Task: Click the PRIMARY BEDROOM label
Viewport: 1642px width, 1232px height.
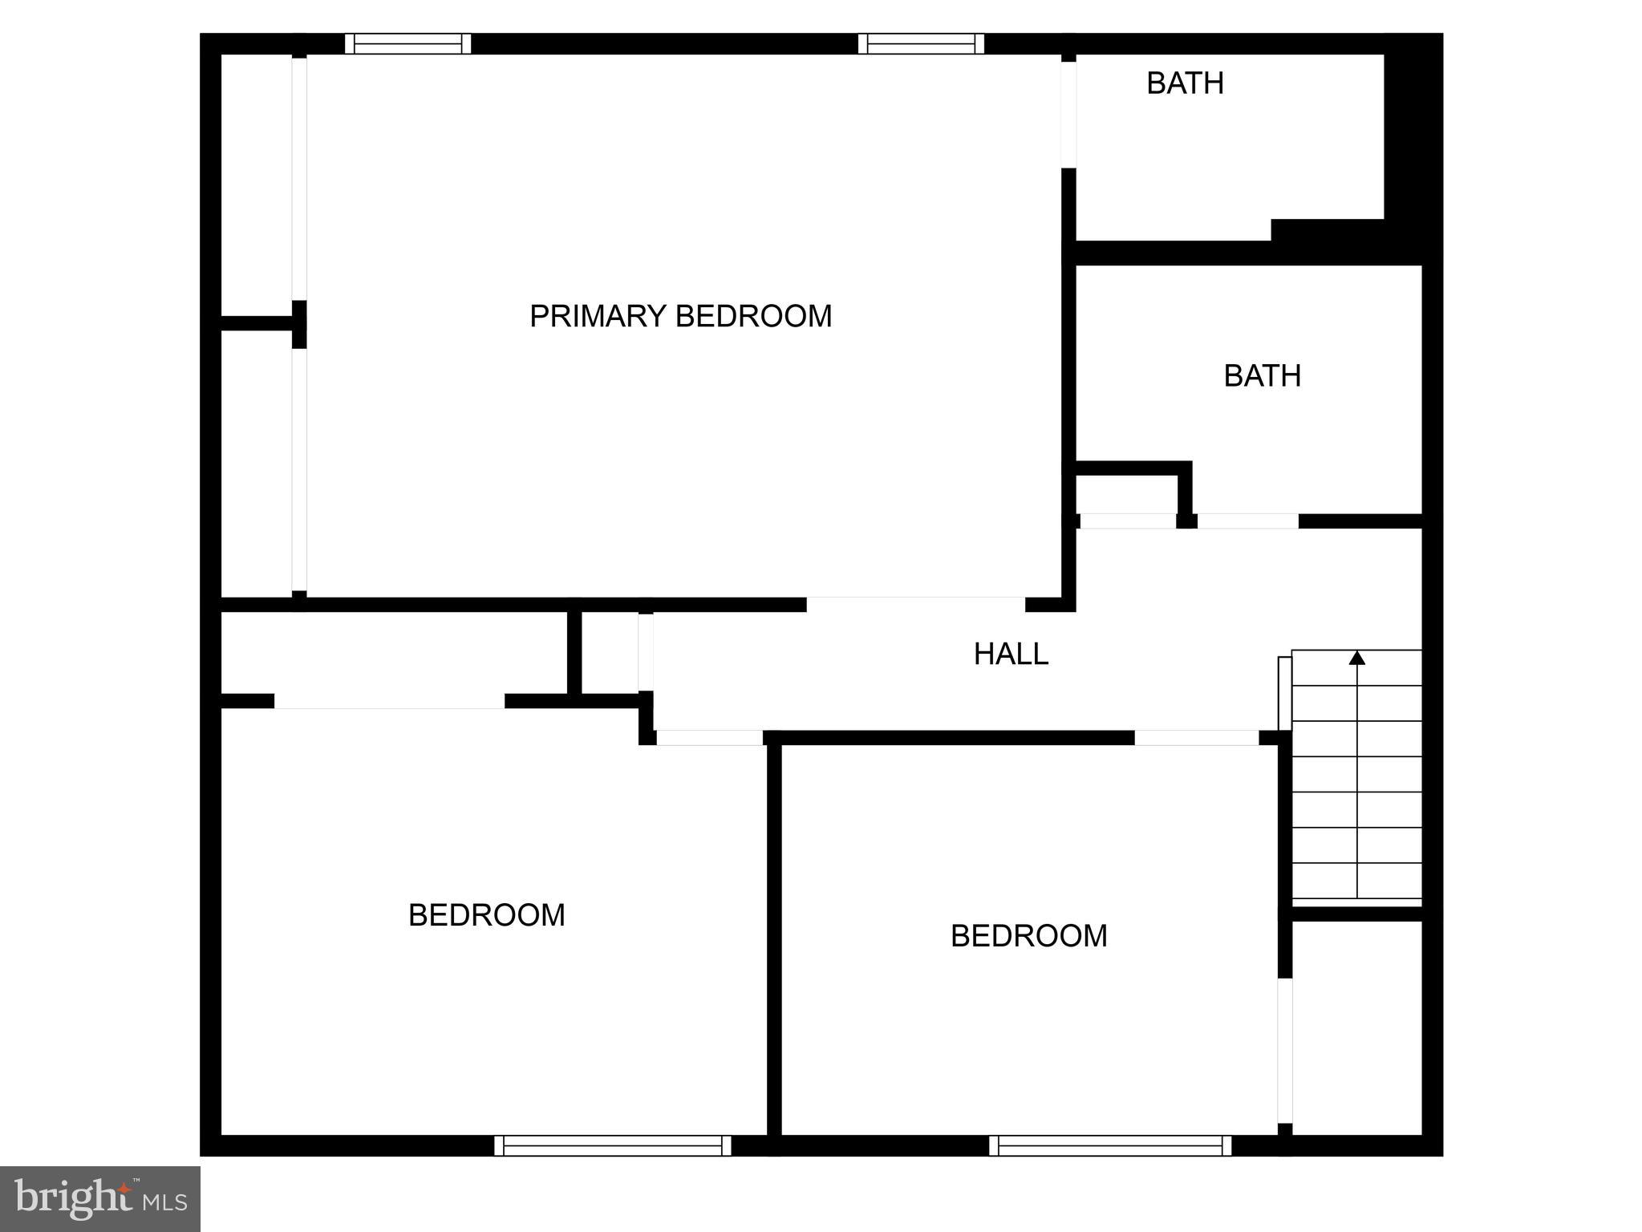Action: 680,316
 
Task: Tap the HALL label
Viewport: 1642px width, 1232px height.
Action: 1011,654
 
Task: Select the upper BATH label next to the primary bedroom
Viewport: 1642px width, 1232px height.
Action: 1185,83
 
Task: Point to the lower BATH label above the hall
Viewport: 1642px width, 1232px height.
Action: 1262,376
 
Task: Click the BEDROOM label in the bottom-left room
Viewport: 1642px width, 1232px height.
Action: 486,915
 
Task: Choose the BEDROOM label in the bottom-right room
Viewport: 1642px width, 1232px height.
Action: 1028,936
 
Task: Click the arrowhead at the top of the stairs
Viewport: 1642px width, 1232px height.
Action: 1356,659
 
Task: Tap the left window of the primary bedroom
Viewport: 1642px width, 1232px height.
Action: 407,43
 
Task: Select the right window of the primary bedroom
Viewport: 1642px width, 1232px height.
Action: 921,43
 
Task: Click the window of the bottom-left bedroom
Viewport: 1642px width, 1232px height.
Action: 613,1145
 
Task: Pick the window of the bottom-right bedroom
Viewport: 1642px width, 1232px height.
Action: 1109,1145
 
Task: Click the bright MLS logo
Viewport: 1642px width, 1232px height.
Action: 100,1198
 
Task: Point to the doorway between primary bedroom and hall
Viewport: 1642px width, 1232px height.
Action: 915,603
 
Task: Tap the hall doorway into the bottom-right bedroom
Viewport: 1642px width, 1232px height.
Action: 1196,738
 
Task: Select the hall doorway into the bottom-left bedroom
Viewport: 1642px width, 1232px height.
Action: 709,738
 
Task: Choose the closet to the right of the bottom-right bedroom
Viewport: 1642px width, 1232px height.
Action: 1356,1027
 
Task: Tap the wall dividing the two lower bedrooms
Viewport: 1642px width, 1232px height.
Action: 774,938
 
